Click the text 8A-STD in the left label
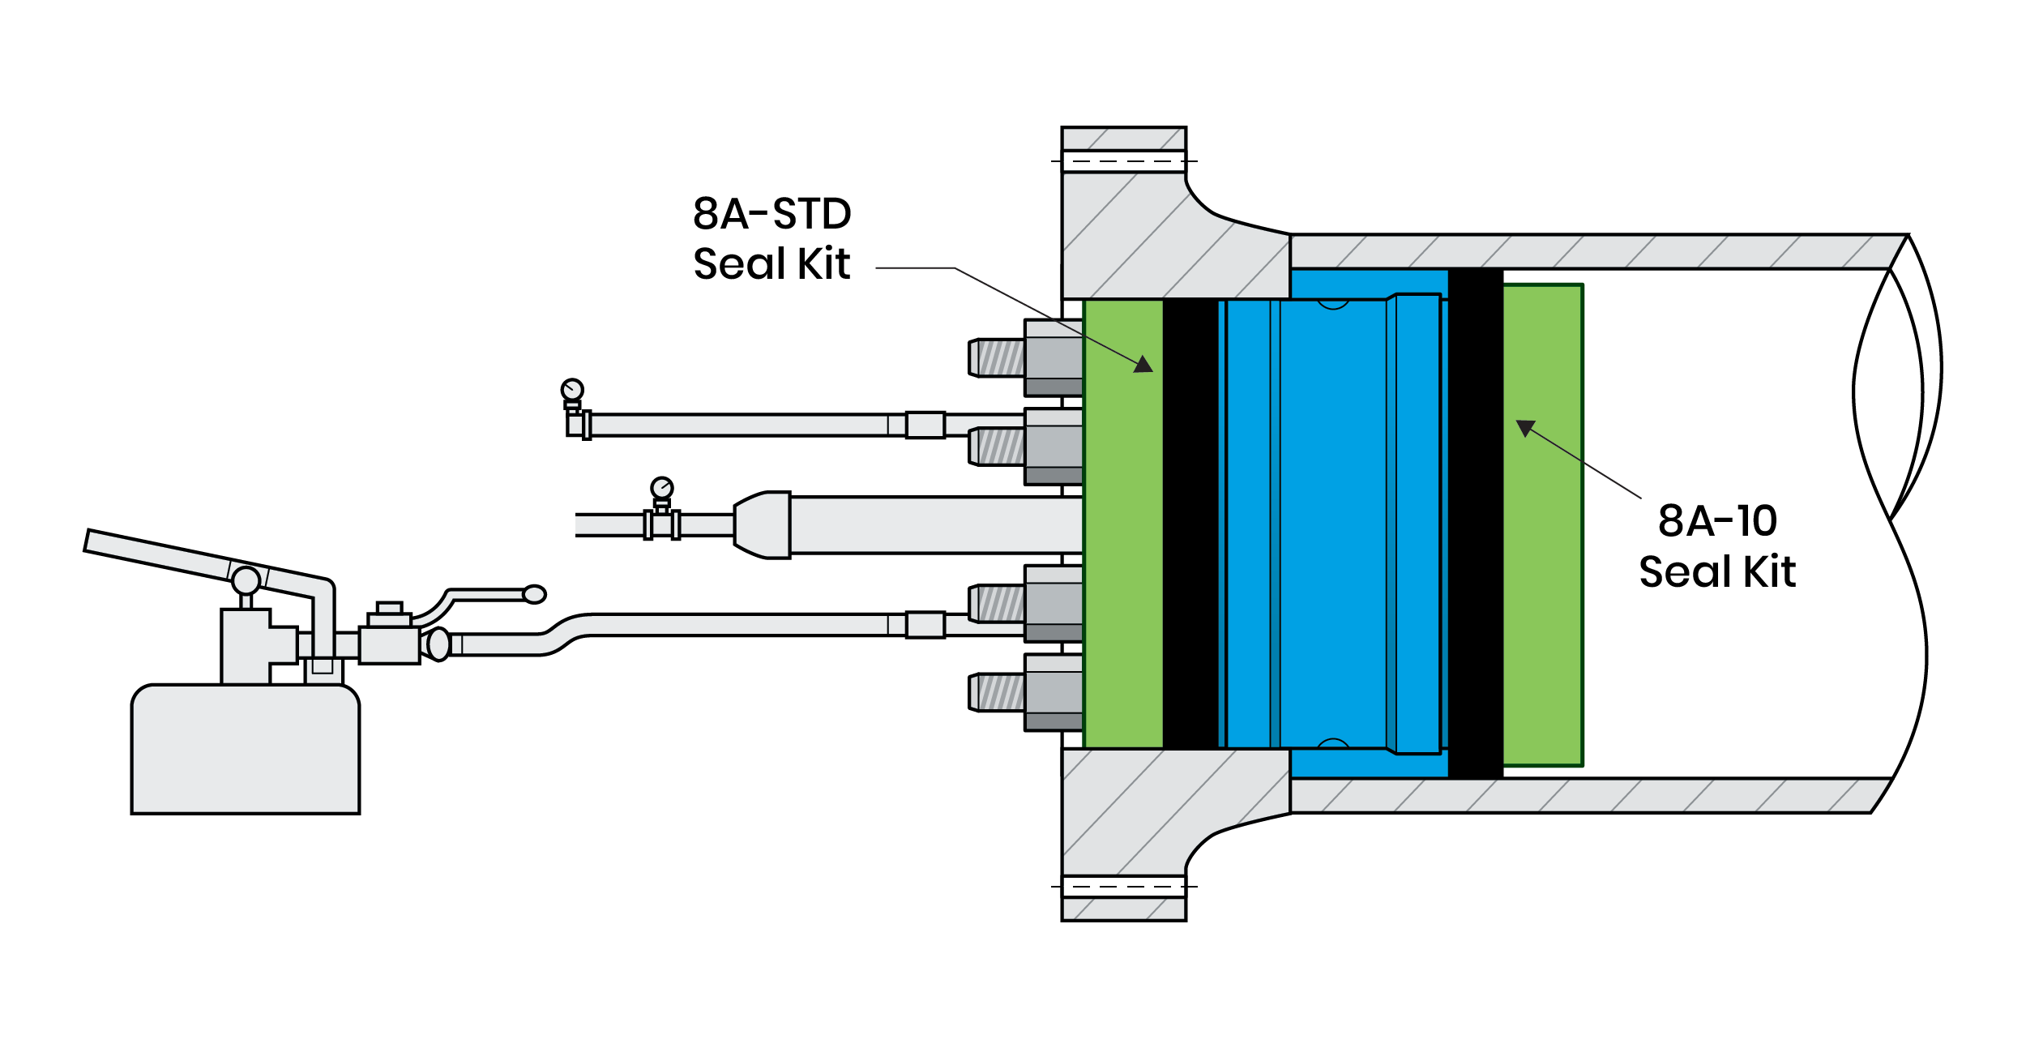pyautogui.click(x=772, y=214)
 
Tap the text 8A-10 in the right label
pyautogui.click(x=1716, y=520)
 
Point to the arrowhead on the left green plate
pyautogui.click(x=1143, y=364)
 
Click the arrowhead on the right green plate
pyautogui.click(x=1525, y=427)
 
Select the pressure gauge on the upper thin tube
pyautogui.click(x=572, y=390)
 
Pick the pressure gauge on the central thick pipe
pyautogui.click(x=662, y=488)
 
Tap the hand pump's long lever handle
pyautogui.click(x=162, y=553)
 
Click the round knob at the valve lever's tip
pyautogui.click(x=534, y=594)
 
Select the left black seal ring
pyautogui.click(x=1190, y=524)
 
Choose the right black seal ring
pyautogui.click(x=1476, y=524)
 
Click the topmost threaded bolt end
pyautogui.click(x=997, y=357)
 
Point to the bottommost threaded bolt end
pyautogui.click(x=997, y=692)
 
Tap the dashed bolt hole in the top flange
pyautogui.click(x=1124, y=161)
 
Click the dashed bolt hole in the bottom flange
pyautogui.click(x=1124, y=887)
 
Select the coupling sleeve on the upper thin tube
pyautogui.click(x=925, y=425)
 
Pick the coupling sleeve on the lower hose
pyautogui.click(x=925, y=625)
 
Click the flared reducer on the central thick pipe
pyautogui.click(x=762, y=524)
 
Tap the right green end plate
pyautogui.click(x=1543, y=524)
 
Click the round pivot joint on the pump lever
pyautogui.click(x=246, y=580)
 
